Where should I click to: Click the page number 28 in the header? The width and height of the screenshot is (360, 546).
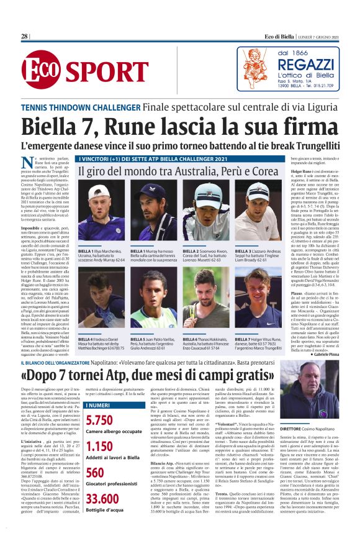coord(24,37)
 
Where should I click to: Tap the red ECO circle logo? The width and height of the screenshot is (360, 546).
coord(39,71)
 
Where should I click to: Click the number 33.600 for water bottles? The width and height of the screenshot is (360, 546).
coord(102,499)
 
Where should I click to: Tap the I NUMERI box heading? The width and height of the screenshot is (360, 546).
coord(98,404)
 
